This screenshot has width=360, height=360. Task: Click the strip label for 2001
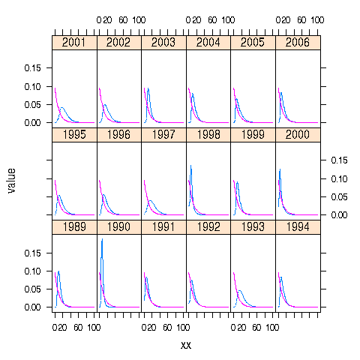tap(74, 42)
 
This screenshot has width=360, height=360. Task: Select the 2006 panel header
tap(298, 42)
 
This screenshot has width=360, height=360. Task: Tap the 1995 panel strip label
tap(74, 135)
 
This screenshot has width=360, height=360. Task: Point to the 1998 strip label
tap(208, 135)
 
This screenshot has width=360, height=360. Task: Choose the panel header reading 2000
tap(298, 135)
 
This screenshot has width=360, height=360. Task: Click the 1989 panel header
tap(74, 227)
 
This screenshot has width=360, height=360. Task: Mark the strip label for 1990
tap(119, 227)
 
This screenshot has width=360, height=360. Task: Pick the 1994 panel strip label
tap(298, 227)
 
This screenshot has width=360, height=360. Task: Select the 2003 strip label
tap(163, 42)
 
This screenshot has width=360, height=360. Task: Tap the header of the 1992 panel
tap(208, 227)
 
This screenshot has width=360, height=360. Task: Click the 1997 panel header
tap(163, 135)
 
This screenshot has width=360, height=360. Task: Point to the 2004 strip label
tap(208, 42)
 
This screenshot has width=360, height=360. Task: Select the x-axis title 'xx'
tap(187, 345)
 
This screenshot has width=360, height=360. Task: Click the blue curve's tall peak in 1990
tap(102, 239)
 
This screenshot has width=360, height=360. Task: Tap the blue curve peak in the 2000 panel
tap(280, 170)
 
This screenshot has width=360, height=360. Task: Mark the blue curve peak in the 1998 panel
tap(190, 166)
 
